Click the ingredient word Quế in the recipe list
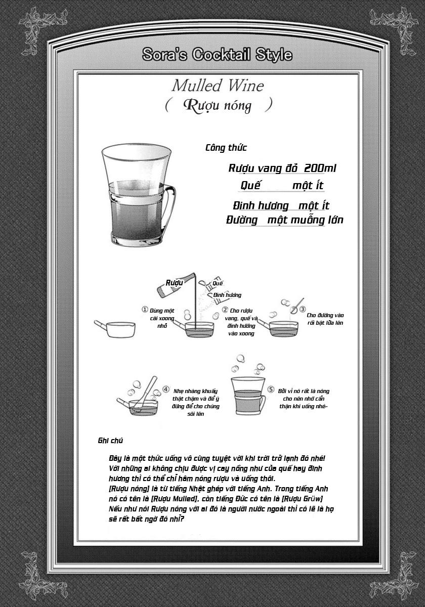[250, 186]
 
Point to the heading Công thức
[226, 148]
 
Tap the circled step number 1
[145, 310]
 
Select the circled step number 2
[225, 310]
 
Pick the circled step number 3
[302, 309]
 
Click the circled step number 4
[166, 390]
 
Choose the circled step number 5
[271, 390]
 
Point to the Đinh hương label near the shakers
[227, 295]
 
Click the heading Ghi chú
[110, 441]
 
